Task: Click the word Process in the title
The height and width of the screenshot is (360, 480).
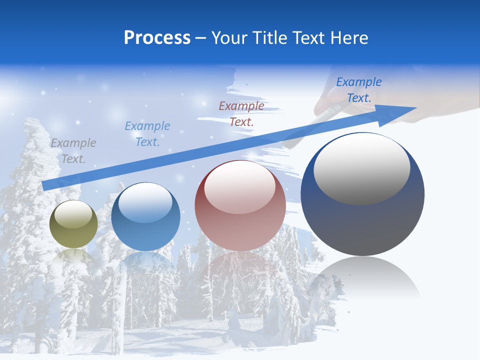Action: [x=157, y=38]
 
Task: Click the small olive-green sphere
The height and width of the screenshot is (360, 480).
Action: [x=74, y=224]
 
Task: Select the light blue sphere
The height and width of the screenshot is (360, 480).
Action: [x=145, y=217]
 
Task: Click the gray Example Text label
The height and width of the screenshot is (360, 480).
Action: [x=73, y=151]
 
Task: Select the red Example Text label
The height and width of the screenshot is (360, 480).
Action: [x=241, y=113]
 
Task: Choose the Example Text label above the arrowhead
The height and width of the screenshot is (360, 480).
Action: [x=358, y=90]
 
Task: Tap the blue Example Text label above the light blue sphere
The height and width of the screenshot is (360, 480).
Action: [x=147, y=134]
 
